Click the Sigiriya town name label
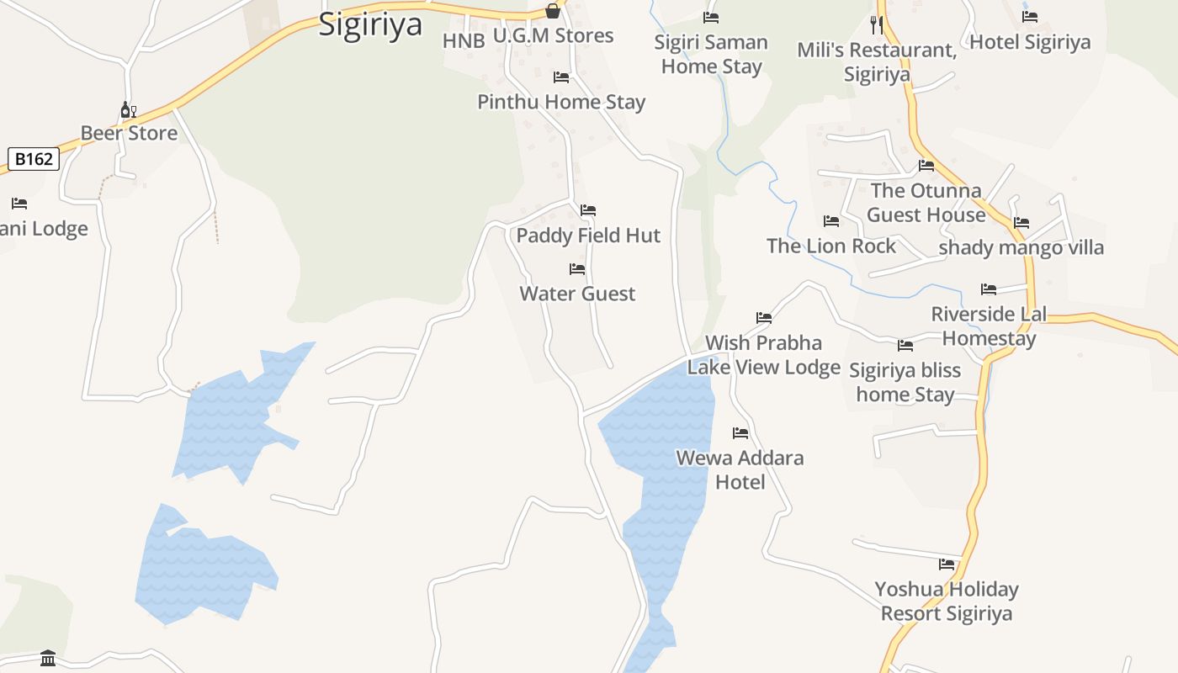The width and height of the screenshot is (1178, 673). coord(370,24)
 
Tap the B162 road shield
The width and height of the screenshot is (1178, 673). coord(34,158)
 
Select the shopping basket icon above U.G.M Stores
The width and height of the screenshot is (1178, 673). coord(553,11)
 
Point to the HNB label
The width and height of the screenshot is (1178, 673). coord(464,40)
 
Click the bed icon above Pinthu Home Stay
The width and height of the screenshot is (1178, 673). coord(561,77)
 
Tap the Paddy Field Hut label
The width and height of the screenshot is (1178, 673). coord(588,236)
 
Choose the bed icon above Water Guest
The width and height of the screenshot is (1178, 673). coord(577,269)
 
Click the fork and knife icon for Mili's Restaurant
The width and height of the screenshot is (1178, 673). coord(877,24)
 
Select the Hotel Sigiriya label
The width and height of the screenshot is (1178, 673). coord(1030,42)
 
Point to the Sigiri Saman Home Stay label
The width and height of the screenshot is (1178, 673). coord(711,54)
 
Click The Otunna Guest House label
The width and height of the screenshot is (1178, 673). coord(926,203)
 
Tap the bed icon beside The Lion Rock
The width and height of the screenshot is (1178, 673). coord(831,221)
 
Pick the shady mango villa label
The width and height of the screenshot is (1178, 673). coord(1021,247)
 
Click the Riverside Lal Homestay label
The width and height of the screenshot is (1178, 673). coord(989,326)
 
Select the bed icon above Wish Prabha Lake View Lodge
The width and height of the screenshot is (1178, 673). coord(764,318)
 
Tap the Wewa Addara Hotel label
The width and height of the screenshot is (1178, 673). coord(740,469)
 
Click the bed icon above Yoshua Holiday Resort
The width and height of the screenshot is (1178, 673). coord(947,564)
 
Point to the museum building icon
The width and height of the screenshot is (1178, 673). coord(48,658)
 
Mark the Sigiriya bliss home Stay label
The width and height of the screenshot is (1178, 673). coord(905,382)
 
